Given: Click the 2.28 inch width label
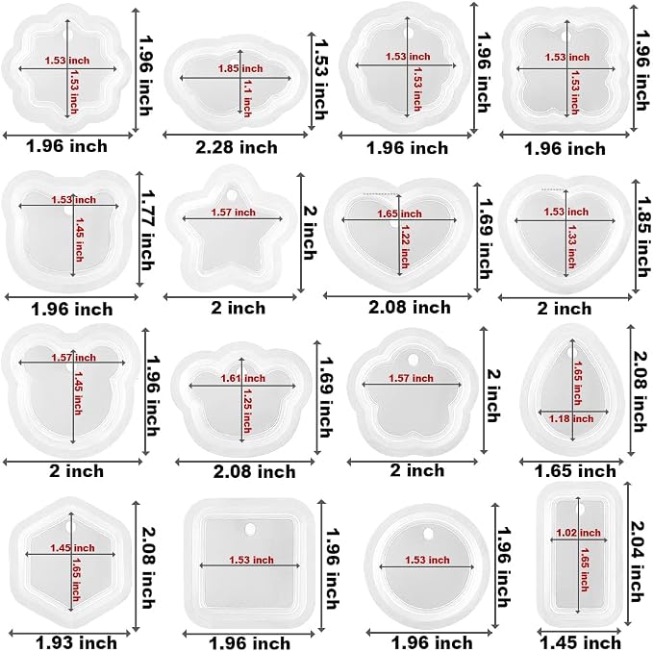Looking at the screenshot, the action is tap(237, 147).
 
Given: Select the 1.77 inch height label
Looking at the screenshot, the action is tap(147, 230).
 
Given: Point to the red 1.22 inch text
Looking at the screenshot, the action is tap(405, 246).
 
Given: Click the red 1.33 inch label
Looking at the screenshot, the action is tap(571, 247).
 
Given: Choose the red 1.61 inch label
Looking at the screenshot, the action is tap(242, 379).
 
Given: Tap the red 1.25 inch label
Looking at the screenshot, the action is tap(247, 411).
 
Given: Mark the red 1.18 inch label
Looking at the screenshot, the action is tap(571, 419).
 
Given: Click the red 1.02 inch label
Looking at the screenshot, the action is tap(578, 533).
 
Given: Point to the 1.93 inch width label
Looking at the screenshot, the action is tap(76, 642).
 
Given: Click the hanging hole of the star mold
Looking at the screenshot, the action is tap(232, 194).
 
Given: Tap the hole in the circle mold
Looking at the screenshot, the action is tap(428, 533).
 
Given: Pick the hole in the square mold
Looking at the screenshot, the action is tap(250, 530).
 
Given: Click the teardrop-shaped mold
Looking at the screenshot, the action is tap(571, 390).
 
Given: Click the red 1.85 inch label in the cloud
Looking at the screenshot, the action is tap(240, 68).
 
